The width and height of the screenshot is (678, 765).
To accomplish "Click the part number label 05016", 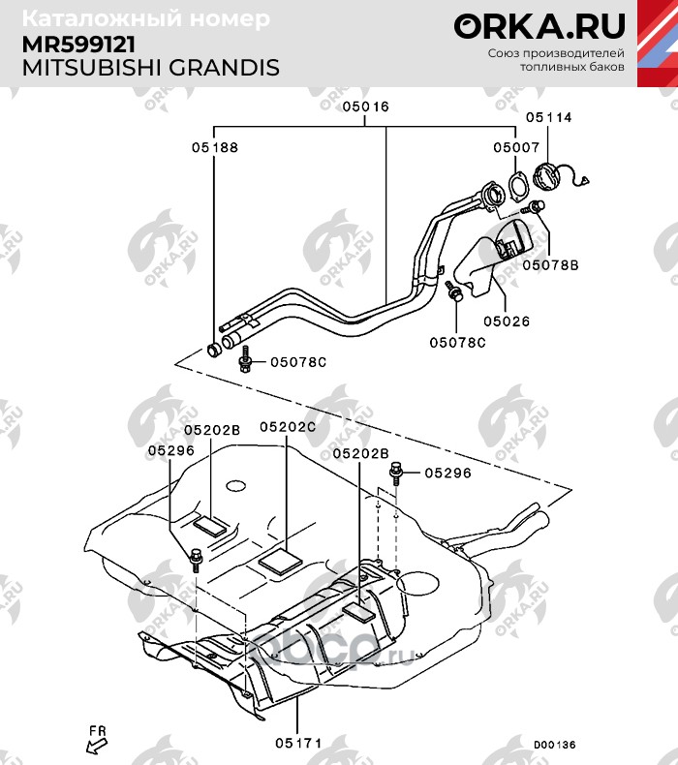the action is click(x=365, y=107).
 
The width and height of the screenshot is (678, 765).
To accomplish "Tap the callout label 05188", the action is click(x=214, y=148).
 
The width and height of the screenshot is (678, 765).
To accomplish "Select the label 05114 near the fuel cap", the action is click(x=549, y=117).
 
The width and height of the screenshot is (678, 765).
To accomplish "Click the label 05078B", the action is click(x=550, y=263).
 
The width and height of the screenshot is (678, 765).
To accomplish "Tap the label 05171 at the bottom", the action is click(x=297, y=743).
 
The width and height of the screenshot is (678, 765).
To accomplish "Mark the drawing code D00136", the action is click(x=554, y=745).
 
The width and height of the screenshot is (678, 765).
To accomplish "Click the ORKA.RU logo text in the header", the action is click(x=539, y=25).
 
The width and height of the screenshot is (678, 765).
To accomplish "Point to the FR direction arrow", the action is click(x=96, y=741).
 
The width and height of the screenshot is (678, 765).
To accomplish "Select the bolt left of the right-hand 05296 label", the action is click(x=395, y=473).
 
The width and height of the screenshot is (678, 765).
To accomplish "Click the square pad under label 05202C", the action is click(x=281, y=561).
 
